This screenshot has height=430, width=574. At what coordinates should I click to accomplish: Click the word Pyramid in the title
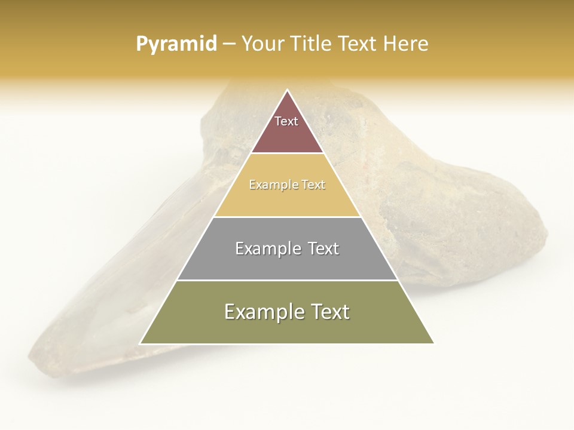pyautogui.click(x=176, y=44)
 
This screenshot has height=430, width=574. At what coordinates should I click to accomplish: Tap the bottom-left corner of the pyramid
pyautogui.click(x=141, y=343)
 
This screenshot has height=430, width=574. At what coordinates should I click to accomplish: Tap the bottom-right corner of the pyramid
pyautogui.click(x=433, y=343)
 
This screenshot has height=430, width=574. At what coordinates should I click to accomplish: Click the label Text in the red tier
pyautogui.click(x=286, y=121)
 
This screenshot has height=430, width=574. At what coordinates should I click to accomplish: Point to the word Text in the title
pyautogui.click(x=358, y=44)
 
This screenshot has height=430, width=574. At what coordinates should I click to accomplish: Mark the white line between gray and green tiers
pyautogui.click(x=287, y=280)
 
